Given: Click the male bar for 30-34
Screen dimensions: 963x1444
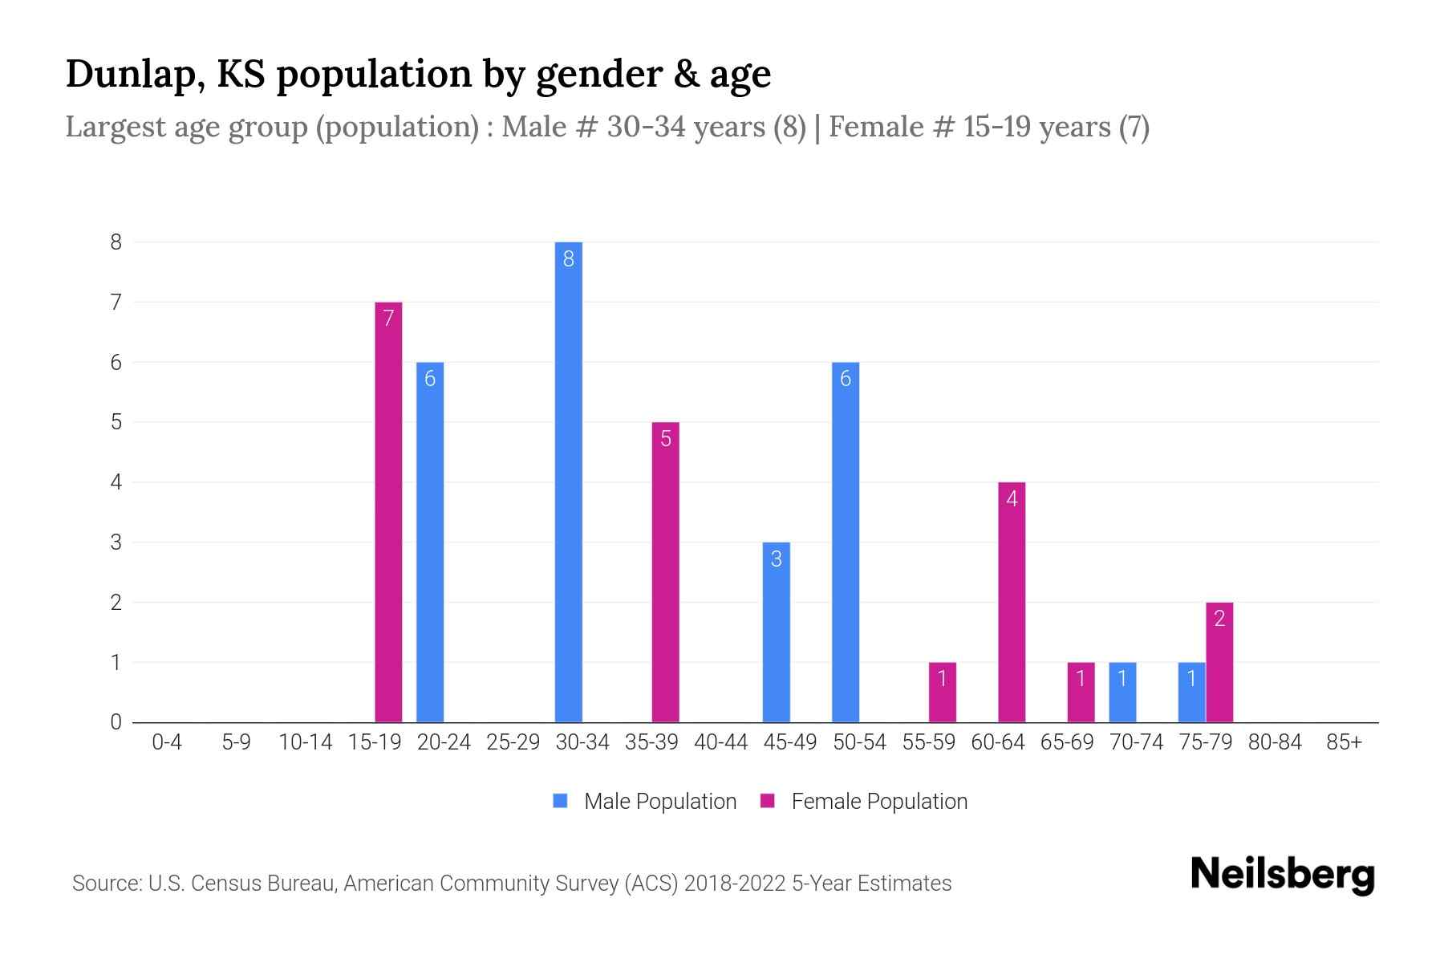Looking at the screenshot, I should click(x=568, y=481).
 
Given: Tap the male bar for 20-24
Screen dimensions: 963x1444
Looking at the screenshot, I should click(x=430, y=542).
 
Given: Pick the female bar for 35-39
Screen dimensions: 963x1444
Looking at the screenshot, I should click(x=666, y=572).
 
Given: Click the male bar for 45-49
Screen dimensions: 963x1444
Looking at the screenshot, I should click(x=776, y=632).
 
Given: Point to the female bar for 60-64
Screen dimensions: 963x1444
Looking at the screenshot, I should click(x=1012, y=602).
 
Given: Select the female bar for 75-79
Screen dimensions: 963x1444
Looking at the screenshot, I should click(x=1219, y=662).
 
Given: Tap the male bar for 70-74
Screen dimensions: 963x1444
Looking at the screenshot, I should click(x=1122, y=692).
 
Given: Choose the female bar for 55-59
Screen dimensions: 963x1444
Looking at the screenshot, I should click(x=943, y=692).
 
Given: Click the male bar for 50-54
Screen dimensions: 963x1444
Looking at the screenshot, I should click(x=846, y=542).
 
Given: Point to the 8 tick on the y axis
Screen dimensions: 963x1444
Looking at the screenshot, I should click(x=116, y=242).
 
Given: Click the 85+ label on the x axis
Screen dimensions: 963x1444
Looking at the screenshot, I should click(x=1344, y=742).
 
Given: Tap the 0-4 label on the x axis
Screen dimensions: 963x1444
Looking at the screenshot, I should click(x=167, y=742).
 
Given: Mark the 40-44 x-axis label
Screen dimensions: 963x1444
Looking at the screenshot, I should click(x=720, y=742).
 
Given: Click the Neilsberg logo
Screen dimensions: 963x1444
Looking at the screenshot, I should click(x=1282, y=875).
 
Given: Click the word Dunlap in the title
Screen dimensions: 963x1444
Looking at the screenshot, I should click(x=128, y=74).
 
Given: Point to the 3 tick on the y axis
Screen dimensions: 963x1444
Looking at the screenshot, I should click(x=116, y=542).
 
